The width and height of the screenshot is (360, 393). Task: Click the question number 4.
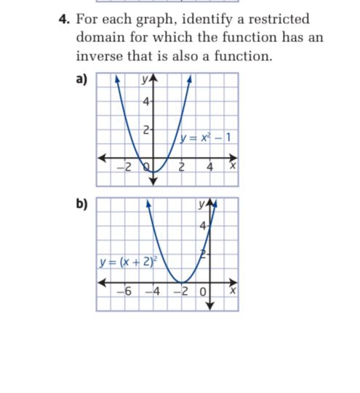coord(63,20)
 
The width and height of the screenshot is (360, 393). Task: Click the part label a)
coord(80,81)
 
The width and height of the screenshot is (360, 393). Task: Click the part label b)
coord(80,203)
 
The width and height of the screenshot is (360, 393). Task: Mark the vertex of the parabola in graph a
coord(153,169)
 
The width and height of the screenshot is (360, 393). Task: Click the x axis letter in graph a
coord(233,169)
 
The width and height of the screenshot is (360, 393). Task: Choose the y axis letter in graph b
coord(201,206)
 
